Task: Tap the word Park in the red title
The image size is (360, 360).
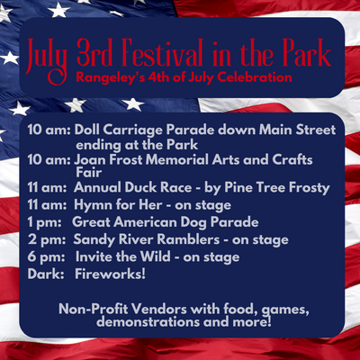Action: click(303, 53)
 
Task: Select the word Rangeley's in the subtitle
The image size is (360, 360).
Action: click(100, 77)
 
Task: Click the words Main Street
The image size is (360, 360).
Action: click(297, 130)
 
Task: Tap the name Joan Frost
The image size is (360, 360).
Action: click(108, 159)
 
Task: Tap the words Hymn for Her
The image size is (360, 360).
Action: click(118, 205)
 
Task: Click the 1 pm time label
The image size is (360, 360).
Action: click(44, 222)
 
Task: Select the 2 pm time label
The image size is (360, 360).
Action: click(47, 239)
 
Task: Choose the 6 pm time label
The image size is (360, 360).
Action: click(47, 257)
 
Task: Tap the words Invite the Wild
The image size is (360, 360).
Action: click(122, 256)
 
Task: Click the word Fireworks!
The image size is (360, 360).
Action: click(110, 274)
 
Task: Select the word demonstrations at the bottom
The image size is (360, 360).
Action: click(148, 322)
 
